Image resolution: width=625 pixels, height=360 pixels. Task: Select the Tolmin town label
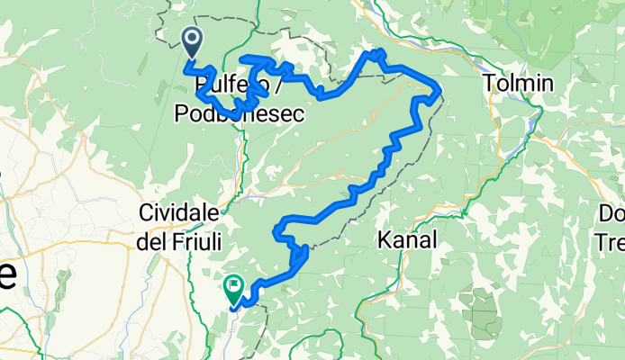pyautogui.click(x=513, y=84)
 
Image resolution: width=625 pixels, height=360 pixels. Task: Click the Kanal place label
pyautogui.click(x=408, y=240)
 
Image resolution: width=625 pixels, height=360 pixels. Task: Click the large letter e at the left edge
pyautogui.click(x=6, y=274)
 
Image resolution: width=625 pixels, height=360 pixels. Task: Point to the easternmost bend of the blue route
pyautogui.click(x=438, y=90)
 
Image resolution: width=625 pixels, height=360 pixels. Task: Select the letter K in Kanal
pyautogui.click(x=385, y=240)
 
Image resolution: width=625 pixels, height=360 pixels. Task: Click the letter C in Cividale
pyautogui.click(x=147, y=212)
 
